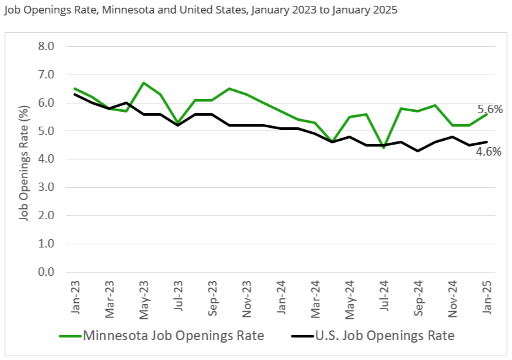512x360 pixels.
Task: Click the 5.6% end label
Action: point(490,109)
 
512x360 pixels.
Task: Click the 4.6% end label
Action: point(489,152)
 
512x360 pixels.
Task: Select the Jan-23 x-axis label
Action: point(75,296)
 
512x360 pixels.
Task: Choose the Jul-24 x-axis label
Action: point(385,296)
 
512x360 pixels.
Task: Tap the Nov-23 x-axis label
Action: point(247,296)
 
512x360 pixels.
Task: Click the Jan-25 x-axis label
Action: point(488,296)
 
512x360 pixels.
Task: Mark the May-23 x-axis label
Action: point(143,296)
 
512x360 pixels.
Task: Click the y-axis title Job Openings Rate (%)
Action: point(24,159)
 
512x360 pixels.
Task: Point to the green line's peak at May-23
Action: point(143,83)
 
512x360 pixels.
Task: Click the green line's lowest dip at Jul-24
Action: point(385,148)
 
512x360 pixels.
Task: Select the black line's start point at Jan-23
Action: point(75,94)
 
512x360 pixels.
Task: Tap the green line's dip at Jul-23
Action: point(178,122)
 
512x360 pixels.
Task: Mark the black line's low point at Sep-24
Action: point(419,151)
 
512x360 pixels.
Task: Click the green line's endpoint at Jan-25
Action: point(488,114)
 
